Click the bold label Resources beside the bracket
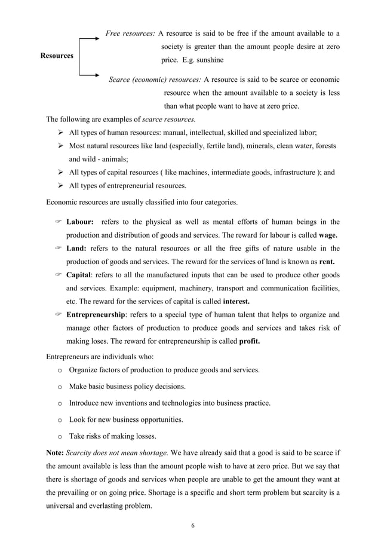[57, 56]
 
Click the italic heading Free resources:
[131, 33]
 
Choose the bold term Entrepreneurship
[96, 314]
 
